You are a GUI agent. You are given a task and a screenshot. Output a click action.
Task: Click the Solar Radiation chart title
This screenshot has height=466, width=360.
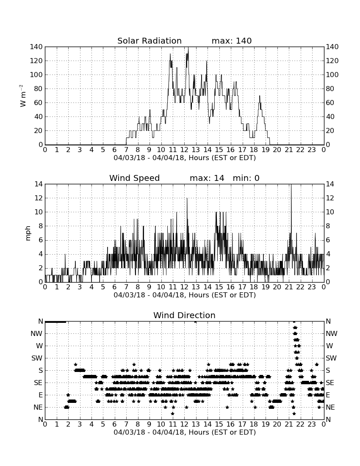click(150, 41)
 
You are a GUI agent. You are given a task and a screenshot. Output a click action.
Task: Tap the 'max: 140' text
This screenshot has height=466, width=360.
click(232, 41)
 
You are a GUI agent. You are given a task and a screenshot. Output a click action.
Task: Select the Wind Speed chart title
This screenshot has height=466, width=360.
click(135, 178)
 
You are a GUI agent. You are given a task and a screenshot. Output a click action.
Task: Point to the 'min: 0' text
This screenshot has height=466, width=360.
click(246, 178)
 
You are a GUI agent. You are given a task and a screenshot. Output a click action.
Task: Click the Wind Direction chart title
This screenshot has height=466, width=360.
click(185, 315)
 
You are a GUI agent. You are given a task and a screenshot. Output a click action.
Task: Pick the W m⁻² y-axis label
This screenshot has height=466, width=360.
click(23, 96)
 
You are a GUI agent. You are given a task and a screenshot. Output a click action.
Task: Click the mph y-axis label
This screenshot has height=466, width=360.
click(28, 233)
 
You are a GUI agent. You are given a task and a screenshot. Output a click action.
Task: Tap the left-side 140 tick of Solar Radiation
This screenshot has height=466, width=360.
click(36, 47)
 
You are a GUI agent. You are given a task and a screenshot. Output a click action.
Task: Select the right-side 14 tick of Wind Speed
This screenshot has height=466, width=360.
click(330, 184)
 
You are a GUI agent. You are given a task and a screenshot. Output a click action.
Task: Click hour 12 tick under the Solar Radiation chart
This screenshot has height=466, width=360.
click(184, 150)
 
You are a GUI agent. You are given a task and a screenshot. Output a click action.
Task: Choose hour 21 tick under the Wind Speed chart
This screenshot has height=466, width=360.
click(289, 287)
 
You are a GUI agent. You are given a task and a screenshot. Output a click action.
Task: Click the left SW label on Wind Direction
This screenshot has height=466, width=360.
click(37, 358)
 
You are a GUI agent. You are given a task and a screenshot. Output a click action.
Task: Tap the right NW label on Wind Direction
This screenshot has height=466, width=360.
click(332, 334)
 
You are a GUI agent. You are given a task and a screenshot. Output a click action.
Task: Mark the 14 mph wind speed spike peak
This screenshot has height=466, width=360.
click(291, 185)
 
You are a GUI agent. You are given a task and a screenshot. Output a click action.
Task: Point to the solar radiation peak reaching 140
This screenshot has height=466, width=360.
click(188, 47)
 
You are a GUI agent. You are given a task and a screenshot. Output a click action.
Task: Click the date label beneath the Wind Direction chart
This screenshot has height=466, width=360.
click(185, 432)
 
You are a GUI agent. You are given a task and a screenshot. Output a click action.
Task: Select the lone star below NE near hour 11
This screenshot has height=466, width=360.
click(172, 413)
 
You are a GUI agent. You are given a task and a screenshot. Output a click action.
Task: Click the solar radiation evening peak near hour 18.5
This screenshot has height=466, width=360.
click(259, 96)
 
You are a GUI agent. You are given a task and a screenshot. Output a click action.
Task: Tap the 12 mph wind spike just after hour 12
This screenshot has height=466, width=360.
click(187, 199)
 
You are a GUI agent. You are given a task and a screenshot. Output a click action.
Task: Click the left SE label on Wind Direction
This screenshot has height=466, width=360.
click(38, 383)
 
